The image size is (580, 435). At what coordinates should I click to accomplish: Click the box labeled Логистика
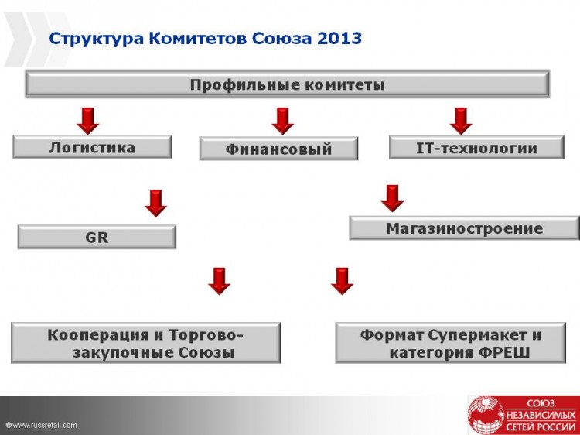(x=93, y=147)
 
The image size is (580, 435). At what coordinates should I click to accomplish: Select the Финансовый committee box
(x=278, y=149)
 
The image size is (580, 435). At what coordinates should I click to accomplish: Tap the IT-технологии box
(x=476, y=147)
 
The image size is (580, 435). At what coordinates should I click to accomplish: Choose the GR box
(x=97, y=237)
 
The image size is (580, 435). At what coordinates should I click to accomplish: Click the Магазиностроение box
(x=465, y=228)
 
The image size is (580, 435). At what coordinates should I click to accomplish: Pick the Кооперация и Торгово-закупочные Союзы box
(x=145, y=343)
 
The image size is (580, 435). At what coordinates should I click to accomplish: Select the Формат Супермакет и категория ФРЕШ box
(x=451, y=343)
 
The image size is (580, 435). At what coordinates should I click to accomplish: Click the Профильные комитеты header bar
(x=288, y=84)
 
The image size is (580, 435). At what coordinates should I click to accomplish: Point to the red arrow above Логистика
(x=87, y=121)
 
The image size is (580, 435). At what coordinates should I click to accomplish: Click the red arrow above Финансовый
(x=282, y=121)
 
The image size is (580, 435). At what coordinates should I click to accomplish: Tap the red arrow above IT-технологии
(x=461, y=121)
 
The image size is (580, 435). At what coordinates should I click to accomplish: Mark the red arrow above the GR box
(x=155, y=204)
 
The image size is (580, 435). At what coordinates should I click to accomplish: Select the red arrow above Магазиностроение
(x=392, y=198)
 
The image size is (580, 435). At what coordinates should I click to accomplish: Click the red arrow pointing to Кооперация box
(x=219, y=282)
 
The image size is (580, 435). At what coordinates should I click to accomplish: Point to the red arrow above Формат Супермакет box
(x=342, y=282)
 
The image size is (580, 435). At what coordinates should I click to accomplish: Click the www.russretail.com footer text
(x=42, y=425)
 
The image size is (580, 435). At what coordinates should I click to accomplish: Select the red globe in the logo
(x=486, y=416)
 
